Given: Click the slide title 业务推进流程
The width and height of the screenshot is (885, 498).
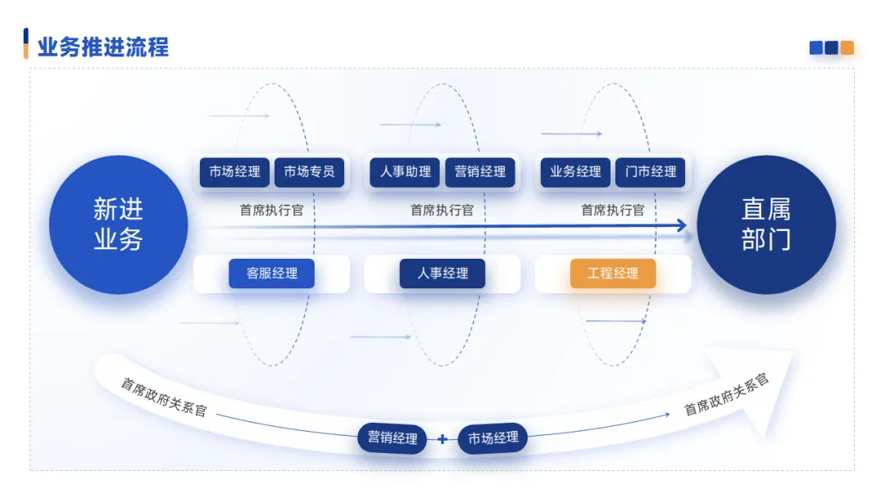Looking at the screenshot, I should click(102, 47).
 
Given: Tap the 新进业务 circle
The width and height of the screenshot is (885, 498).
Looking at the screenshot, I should click(119, 224).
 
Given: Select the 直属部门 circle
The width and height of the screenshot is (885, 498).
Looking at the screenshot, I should click(766, 224).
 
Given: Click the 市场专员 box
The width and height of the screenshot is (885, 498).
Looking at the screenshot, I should click(309, 172).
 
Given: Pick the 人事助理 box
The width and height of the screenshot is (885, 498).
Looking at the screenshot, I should click(405, 172).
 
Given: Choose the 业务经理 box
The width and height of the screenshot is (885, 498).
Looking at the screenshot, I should click(575, 172).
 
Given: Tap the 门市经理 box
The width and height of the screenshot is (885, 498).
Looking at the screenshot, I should click(651, 172).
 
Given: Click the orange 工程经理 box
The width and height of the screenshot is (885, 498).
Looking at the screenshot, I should click(613, 274).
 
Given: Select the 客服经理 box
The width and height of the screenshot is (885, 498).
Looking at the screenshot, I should click(271, 274).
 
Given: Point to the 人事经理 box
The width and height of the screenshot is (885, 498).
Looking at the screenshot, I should click(442, 274).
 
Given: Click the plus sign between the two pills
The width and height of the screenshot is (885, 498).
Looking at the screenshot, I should click(442, 439).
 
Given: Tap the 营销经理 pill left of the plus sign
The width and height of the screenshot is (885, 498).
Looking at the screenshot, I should click(393, 438).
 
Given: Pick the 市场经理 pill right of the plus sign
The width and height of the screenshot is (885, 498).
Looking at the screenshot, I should click(493, 438).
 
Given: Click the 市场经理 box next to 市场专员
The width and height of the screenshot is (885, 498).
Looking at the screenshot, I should click(234, 172).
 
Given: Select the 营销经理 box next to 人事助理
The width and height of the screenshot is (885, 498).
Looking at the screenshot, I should click(480, 172).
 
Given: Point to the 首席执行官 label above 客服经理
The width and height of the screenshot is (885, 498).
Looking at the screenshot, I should click(271, 211).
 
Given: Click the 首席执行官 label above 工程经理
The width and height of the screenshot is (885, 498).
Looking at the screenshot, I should click(613, 211).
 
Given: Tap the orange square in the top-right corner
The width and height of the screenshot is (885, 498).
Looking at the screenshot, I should click(847, 48).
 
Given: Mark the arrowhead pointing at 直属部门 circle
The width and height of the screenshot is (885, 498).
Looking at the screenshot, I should click(681, 226).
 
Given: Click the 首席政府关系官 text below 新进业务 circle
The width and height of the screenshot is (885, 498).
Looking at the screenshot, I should click(164, 396).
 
